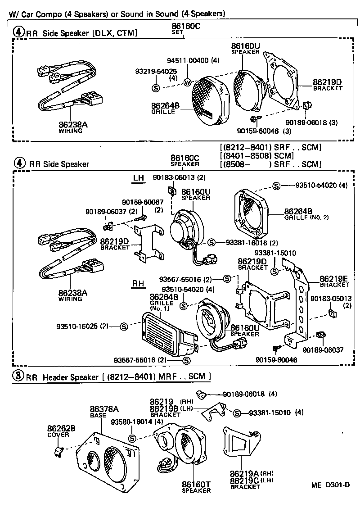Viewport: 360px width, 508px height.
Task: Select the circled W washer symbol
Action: (188, 82)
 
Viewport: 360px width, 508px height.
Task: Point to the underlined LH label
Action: (138, 178)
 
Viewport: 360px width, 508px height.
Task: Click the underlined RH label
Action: (138, 284)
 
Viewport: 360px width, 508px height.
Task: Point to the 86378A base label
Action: (104, 409)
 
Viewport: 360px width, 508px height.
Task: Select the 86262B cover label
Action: (62, 428)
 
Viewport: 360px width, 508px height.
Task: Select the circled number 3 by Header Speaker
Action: (18, 376)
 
